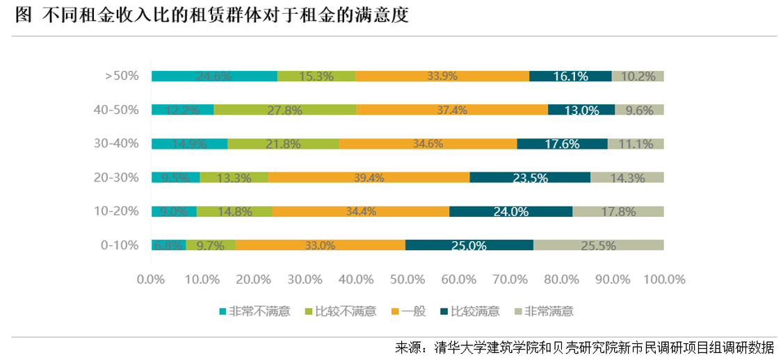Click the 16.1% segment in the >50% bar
tap(570, 76)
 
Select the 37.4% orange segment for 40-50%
tap(452, 110)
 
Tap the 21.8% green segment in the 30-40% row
tap(283, 144)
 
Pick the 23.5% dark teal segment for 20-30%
tap(530, 177)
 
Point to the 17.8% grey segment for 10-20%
tap(618, 211)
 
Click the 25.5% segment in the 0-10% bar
tap(598, 245)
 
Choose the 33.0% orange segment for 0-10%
tap(320, 245)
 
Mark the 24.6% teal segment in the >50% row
tap(214, 76)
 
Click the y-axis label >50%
tap(122, 76)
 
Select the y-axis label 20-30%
tap(117, 177)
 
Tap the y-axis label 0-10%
tap(120, 245)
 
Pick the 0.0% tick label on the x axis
tap(151, 279)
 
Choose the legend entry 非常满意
tap(549, 311)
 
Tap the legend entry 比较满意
tap(475, 311)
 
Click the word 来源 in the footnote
tap(408, 347)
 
